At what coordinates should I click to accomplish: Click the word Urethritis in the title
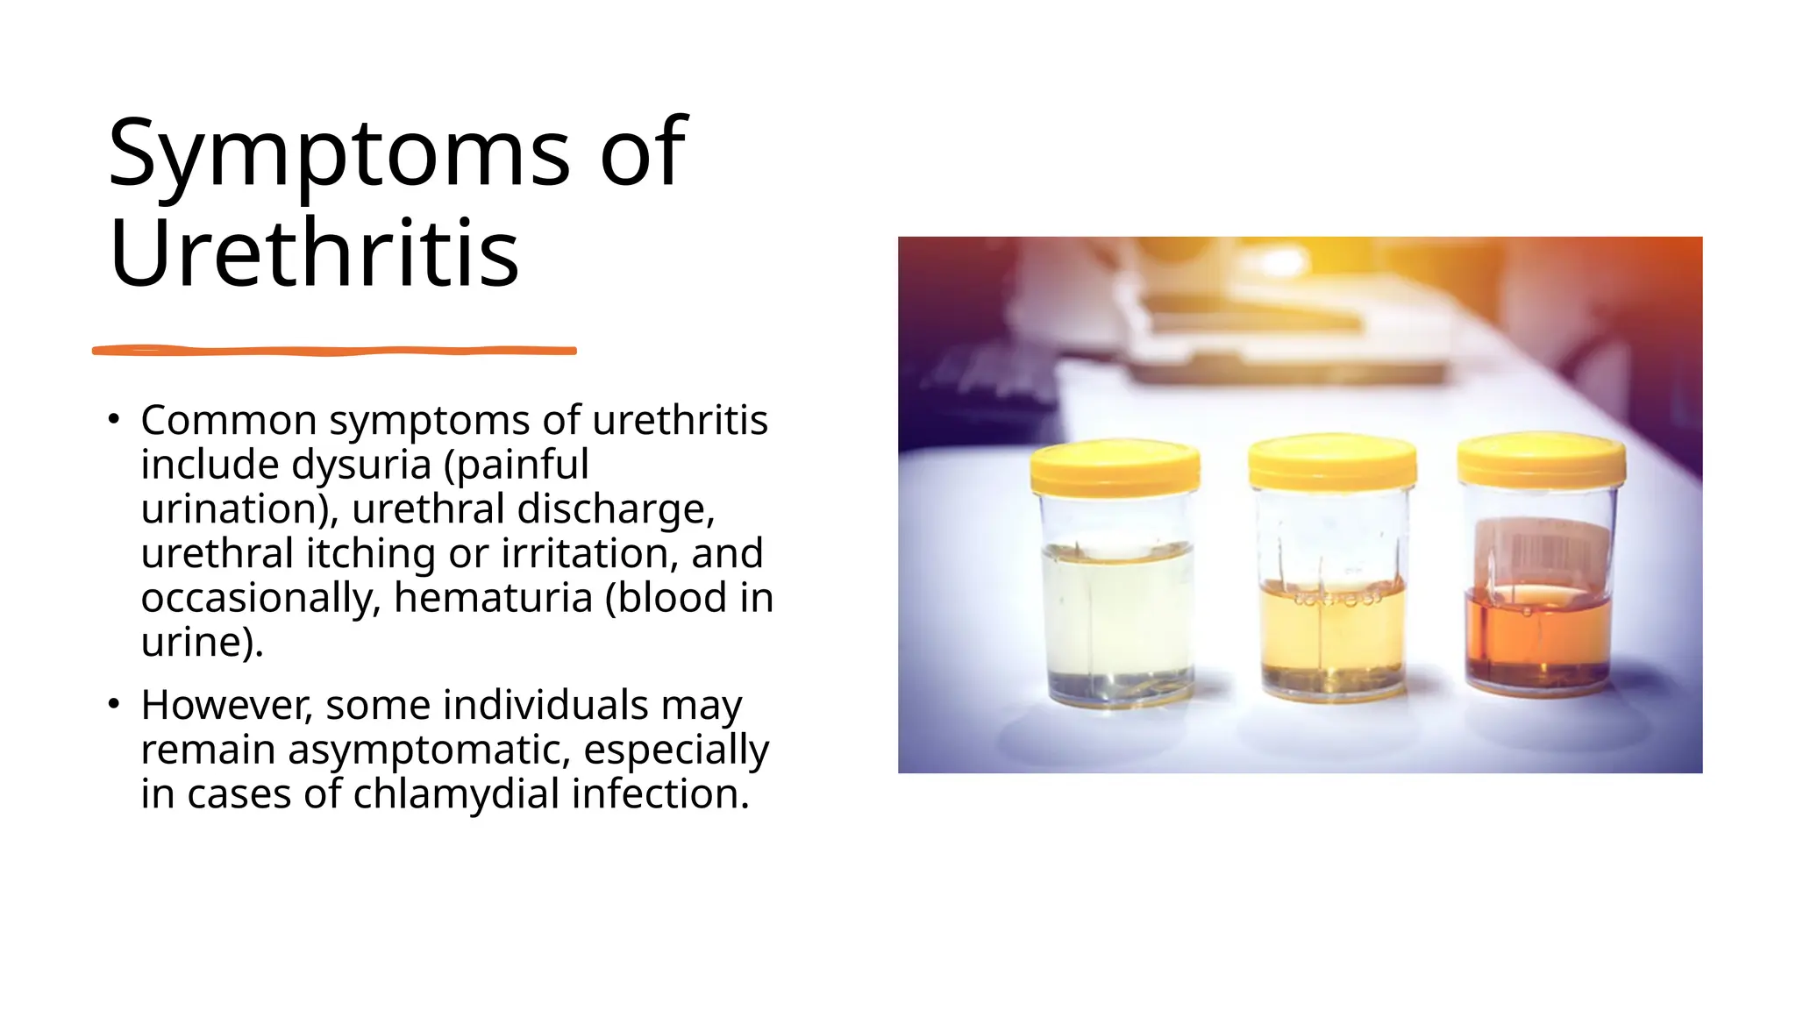coord(314,254)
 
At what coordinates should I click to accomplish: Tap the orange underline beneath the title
coord(334,351)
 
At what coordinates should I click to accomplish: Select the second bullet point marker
coord(113,704)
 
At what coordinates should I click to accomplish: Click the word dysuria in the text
coord(361,465)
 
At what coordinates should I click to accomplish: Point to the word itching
coord(370,554)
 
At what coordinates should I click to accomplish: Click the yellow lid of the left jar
coord(1115,466)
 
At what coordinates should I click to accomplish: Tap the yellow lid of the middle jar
coord(1332,462)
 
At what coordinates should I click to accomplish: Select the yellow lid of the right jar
coord(1541,459)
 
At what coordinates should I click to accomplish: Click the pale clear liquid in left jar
coord(1117,614)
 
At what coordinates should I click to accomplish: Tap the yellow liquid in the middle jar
coord(1332,631)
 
